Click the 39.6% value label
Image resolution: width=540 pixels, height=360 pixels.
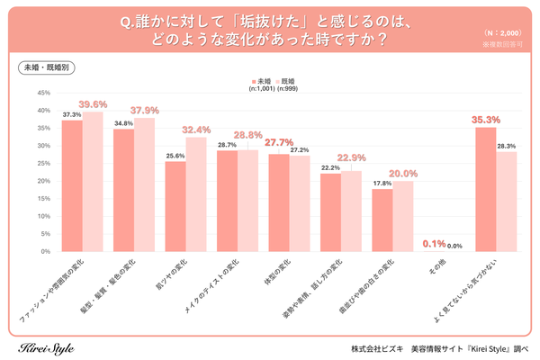pyautogui.click(x=93, y=103)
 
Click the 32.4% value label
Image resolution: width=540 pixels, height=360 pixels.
pyautogui.click(x=196, y=130)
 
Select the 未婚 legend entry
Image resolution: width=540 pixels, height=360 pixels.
pyautogui.click(x=260, y=80)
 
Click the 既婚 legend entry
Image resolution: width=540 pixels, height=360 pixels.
pyautogui.click(x=286, y=80)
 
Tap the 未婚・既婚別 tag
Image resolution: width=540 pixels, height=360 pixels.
pyautogui.click(x=45, y=67)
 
